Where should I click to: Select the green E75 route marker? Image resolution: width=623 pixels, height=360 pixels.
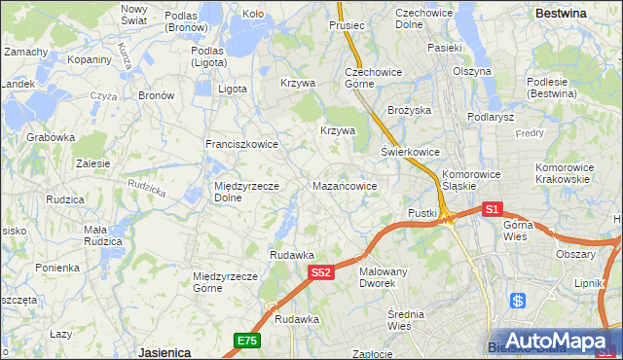pyautogui.click(x=247, y=340)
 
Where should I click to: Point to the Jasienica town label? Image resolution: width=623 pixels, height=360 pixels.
pyautogui.click(x=164, y=351)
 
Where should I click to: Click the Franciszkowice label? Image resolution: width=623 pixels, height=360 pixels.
pyautogui.click(x=241, y=144)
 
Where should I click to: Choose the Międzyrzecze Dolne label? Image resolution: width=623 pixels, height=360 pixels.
pyautogui.click(x=246, y=191)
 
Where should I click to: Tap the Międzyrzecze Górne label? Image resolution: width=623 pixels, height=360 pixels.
pyautogui.click(x=225, y=281)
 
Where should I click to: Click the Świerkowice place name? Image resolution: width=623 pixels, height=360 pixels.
pyautogui.click(x=410, y=152)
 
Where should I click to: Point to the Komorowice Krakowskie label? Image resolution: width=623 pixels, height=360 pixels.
pyautogui.click(x=564, y=173)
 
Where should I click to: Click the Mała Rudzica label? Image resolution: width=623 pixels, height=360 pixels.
pyautogui.click(x=102, y=234)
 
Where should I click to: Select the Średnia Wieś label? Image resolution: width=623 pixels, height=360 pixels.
pyautogui.click(x=415, y=319)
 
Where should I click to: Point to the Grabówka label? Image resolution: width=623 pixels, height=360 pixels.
pyautogui.click(x=51, y=137)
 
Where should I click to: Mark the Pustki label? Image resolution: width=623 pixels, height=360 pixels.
pyautogui.click(x=422, y=212)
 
